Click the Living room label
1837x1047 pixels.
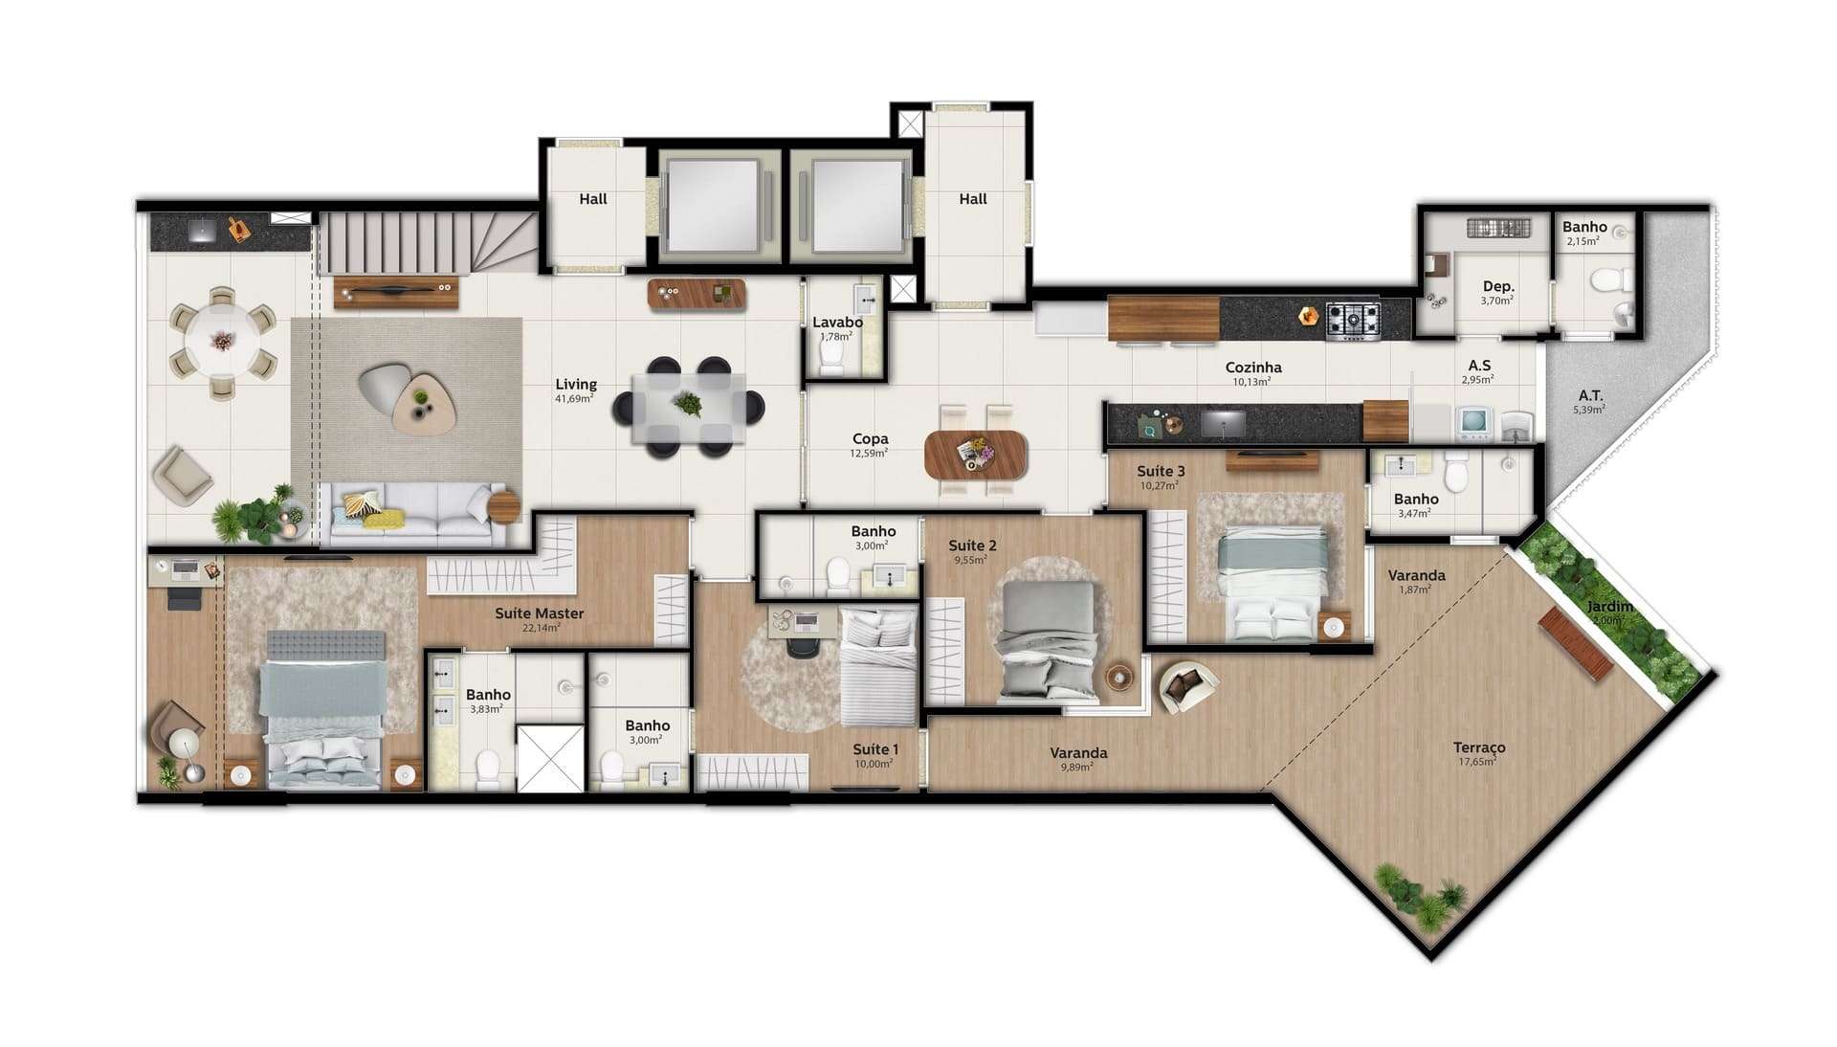576,385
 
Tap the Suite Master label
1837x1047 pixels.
539,613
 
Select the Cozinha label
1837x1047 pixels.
1253,368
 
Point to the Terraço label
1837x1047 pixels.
1479,747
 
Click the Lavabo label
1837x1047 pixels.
838,323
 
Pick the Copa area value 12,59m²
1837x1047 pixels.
870,453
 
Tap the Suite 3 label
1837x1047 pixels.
1161,471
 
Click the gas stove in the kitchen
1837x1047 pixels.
1354,320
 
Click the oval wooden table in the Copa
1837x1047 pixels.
976,455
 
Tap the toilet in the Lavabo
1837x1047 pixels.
831,358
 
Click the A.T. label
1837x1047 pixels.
1590,395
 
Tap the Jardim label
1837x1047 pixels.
1609,607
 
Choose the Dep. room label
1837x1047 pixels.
1497,286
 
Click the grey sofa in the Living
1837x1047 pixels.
412,515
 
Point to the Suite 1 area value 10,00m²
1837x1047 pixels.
874,764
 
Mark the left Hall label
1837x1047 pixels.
593,199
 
